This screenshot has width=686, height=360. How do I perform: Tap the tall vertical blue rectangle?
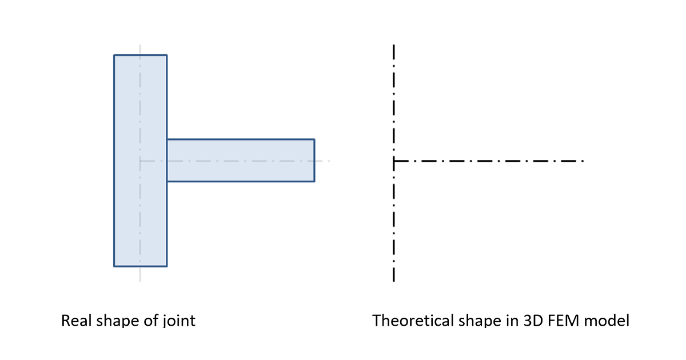(141, 161)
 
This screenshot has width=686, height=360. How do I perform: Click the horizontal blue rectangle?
(241, 161)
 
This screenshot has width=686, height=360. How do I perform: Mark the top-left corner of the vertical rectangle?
(114, 55)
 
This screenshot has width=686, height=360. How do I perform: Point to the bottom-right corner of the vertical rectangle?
(167, 266)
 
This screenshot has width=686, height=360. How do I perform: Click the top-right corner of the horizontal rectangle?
(314, 139)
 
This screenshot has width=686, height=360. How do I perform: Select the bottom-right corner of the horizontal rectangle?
(314, 182)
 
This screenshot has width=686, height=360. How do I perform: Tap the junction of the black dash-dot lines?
(394, 161)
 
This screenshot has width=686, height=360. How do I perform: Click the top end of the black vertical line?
(394, 45)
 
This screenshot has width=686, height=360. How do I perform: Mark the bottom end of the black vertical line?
(394, 281)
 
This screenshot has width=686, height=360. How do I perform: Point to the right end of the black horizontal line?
(584, 161)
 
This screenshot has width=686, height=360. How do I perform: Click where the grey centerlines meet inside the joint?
(140, 161)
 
